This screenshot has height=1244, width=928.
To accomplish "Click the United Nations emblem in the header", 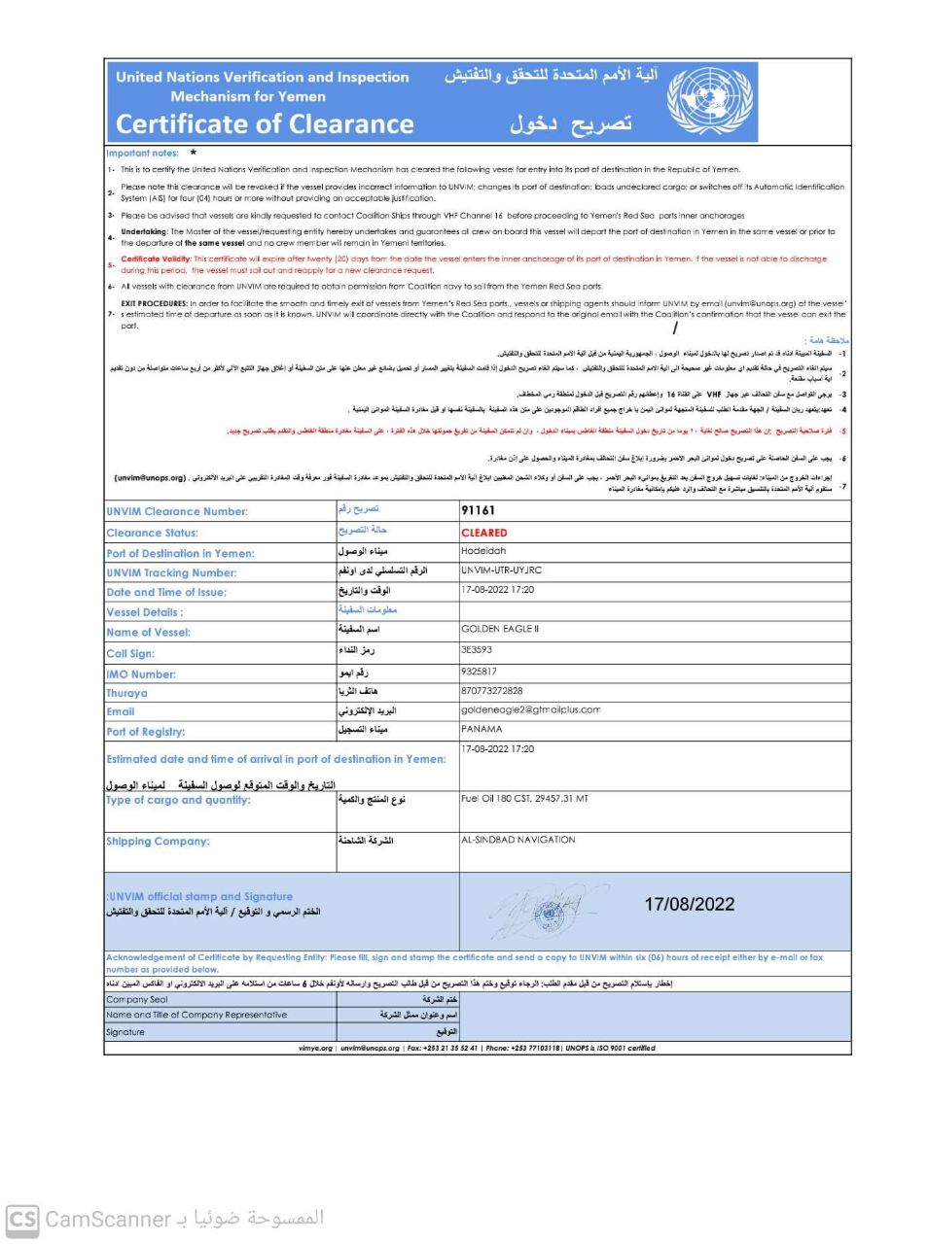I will click(x=709, y=102).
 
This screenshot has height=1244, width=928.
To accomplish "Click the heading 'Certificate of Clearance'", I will click(x=265, y=124).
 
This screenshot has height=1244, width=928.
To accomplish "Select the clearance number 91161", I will click(x=478, y=510).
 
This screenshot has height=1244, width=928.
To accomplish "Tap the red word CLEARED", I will click(x=484, y=533).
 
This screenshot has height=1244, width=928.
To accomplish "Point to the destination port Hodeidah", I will click(x=483, y=551).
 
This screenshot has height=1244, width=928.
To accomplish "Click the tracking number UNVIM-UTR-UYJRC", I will click(x=501, y=570).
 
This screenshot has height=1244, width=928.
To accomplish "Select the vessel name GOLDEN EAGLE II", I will click(x=499, y=629).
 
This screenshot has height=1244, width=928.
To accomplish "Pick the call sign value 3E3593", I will click(x=477, y=650).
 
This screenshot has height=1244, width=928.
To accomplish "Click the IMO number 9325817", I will click(x=479, y=672).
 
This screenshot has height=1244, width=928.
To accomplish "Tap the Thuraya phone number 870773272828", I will click(x=491, y=691).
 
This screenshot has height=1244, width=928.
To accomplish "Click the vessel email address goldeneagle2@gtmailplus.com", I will click(x=530, y=709).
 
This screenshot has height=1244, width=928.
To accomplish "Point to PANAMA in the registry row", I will click(x=482, y=729).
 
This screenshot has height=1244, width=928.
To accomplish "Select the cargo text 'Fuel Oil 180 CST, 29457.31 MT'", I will click(x=524, y=799).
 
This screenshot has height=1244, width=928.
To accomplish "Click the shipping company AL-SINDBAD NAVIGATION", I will click(x=518, y=840).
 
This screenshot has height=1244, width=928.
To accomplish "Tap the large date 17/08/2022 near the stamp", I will click(x=689, y=904).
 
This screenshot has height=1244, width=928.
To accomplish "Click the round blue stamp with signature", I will click(x=545, y=913).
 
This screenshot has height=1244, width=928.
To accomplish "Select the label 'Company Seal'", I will click(x=137, y=999).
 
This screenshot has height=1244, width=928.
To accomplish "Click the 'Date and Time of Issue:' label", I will click(x=166, y=592).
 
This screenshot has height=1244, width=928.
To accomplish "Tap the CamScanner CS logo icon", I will click(x=22, y=1219).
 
